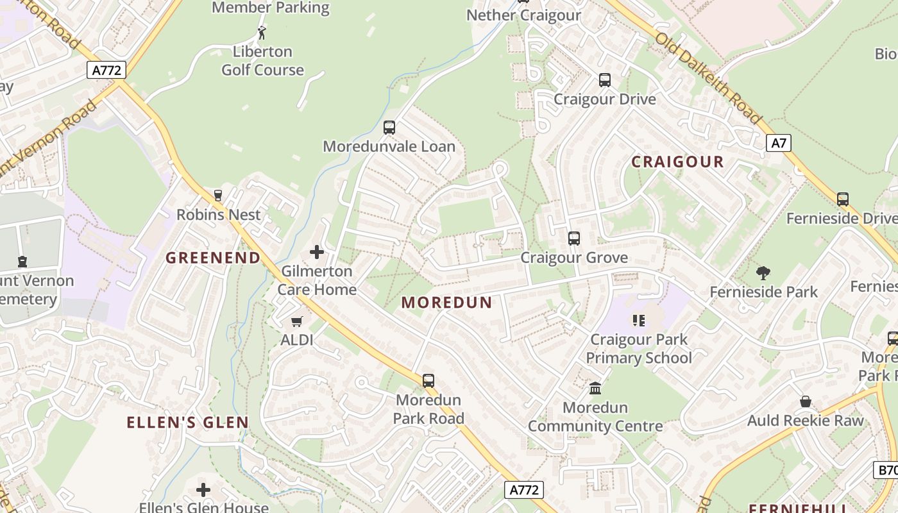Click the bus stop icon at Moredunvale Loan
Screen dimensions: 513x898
tap(389, 127)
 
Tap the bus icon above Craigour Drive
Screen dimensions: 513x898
tap(605, 80)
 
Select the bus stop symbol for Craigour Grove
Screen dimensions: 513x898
tap(574, 239)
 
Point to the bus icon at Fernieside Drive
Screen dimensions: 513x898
tap(843, 199)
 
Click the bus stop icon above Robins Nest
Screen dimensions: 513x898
tap(218, 196)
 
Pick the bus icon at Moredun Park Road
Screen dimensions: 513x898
tap(428, 381)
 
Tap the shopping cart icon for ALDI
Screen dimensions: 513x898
tap(296, 321)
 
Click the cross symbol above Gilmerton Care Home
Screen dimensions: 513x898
tap(317, 252)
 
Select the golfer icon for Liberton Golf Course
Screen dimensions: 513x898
tap(262, 33)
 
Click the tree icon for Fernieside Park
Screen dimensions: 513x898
tap(763, 273)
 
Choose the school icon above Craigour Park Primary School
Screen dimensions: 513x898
tap(638, 320)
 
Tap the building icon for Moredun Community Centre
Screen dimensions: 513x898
tap(595, 389)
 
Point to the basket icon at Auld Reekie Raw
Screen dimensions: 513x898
tap(806, 401)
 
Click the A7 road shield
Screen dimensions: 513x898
tap(778, 143)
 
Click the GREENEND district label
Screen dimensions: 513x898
tap(213, 258)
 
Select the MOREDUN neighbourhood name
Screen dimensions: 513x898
tap(446, 303)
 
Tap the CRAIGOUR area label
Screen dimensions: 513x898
tap(677, 162)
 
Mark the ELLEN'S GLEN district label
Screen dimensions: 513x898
tap(187, 423)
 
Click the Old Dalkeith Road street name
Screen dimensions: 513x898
tap(708, 77)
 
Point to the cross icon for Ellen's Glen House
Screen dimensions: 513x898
tap(203, 491)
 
